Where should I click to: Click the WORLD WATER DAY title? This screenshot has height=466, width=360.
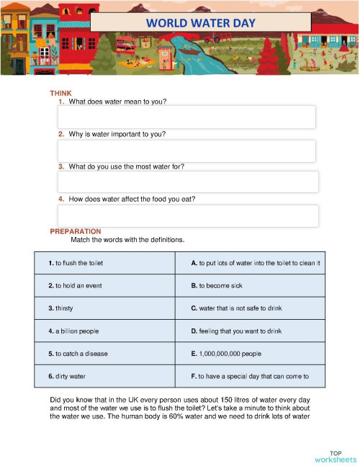coord(200,22)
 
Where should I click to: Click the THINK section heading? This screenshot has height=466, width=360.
coord(60,94)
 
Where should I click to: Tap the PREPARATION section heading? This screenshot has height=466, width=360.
coord(75,231)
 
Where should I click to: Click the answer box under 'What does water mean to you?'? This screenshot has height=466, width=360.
coord(186,117)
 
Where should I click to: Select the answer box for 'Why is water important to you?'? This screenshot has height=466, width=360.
coord(186,151)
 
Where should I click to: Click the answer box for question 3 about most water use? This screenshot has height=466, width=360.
coord(186,182)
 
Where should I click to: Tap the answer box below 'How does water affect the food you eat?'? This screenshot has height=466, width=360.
coord(186,215)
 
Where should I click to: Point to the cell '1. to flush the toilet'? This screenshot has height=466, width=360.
coord(104,264)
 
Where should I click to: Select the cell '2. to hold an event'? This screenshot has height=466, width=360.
coord(104,286)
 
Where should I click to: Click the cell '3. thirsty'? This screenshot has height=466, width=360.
coord(104,308)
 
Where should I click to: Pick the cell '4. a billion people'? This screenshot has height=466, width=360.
coord(104,331)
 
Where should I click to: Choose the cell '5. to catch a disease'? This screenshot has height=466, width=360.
coord(104,354)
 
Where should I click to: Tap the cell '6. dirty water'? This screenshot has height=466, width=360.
coord(104,376)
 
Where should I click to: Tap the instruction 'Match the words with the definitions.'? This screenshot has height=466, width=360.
coord(127,240)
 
